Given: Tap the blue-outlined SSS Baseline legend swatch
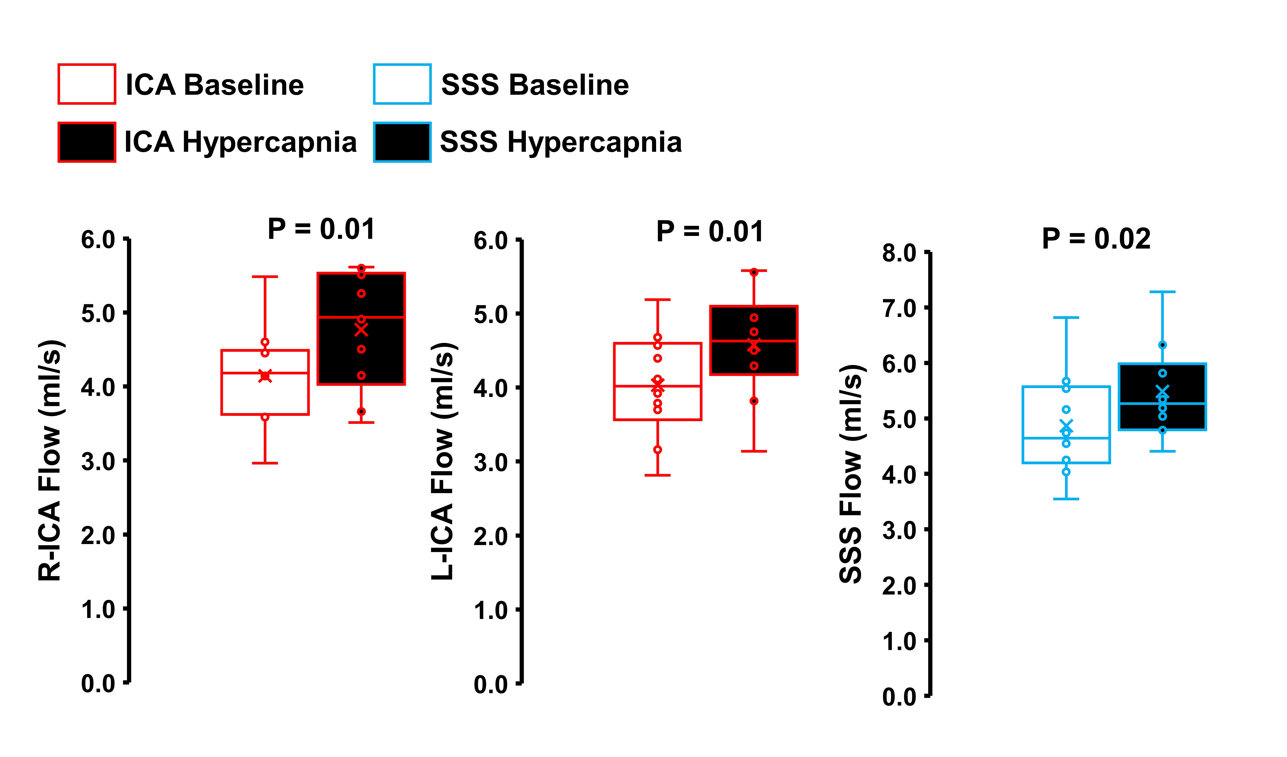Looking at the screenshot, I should click(402, 84).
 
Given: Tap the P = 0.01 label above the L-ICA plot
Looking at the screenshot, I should click(710, 231).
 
